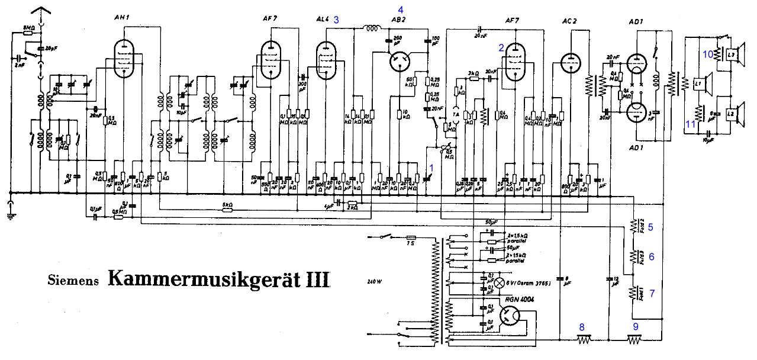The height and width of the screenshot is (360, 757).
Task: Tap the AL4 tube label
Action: (x=323, y=20)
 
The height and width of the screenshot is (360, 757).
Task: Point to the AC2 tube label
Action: (x=569, y=21)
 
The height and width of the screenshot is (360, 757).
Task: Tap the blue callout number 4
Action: (x=401, y=9)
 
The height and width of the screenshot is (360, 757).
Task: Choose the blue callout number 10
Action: (x=708, y=54)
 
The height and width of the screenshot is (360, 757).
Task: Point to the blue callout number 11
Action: (x=690, y=123)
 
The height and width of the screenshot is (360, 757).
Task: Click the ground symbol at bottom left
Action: (x=10, y=211)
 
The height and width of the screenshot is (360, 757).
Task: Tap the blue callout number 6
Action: (x=652, y=256)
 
